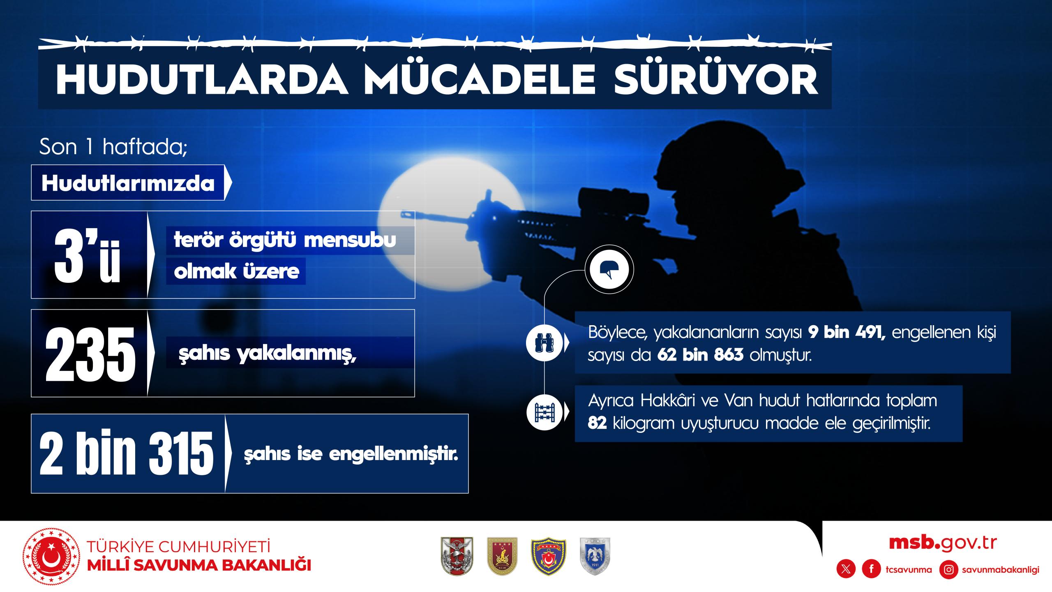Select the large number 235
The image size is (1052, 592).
(x=90, y=354)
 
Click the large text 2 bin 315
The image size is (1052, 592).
(x=126, y=453)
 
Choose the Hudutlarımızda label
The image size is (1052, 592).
(x=128, y=183)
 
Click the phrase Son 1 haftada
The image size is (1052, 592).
(x=113, y=147)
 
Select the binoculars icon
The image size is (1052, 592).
(x=545, y=342)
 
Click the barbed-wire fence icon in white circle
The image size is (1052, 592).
(x=545, y=412)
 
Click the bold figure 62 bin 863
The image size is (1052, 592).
(x=700, y=355)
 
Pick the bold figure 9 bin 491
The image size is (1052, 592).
(x=847, y=331)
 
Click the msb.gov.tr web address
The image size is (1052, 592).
(x=943, y=543)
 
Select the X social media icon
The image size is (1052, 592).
(x=846, y=569)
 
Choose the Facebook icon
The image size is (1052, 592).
(x=871, y=569)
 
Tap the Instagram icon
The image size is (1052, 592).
(x=949, y=569)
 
